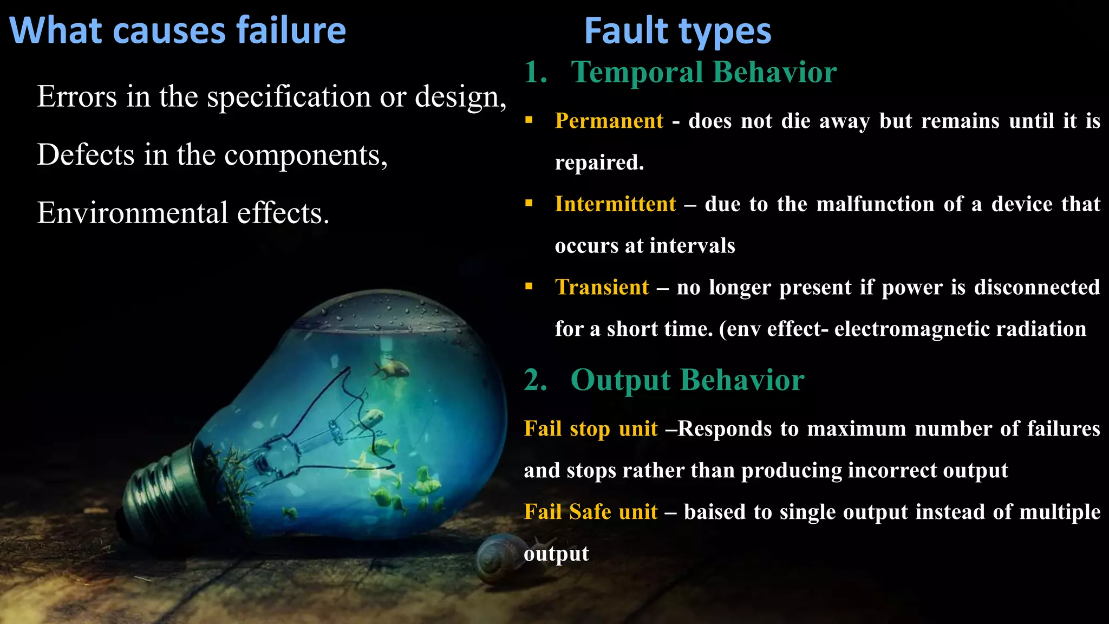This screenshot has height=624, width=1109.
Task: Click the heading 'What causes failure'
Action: [178, 31]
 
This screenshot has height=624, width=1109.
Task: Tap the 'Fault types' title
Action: [677, 31]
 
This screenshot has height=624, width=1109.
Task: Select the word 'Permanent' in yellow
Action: [609, 121]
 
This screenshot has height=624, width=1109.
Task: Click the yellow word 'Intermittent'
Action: [616, 204]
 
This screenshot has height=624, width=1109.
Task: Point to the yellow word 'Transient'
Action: [602, 287]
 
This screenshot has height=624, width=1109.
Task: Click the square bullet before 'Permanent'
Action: [529, 120]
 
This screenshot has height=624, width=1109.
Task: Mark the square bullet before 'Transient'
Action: [529, 286]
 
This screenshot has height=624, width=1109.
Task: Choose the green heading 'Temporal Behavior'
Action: [703, 72]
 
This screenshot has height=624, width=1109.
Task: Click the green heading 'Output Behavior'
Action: [687, 380]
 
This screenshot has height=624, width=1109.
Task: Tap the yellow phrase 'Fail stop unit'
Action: [591, 429]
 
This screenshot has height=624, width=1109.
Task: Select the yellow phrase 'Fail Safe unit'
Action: [591, 512]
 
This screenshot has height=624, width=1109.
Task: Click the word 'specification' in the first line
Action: [289, 97]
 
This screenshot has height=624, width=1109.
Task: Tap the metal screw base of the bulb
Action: [157, 487]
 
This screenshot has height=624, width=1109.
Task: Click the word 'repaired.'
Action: [599, 162]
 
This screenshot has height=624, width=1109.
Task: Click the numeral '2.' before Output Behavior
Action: [536, 380]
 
